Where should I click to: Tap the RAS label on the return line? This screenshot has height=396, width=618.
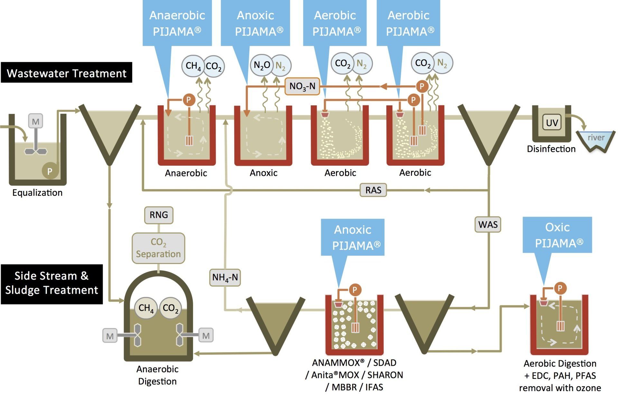[x=373, y=190]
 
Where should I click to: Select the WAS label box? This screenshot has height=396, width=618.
[x=488, y=224]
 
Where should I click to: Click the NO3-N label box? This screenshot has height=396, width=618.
[x=302, y=86]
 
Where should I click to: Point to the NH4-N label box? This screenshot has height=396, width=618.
[x=225, y=277]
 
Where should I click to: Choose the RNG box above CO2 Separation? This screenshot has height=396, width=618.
[x=159, y=215]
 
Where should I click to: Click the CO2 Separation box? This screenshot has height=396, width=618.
[x=158, y=248]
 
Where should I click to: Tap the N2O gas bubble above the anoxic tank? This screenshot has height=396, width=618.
[x=262, y=65]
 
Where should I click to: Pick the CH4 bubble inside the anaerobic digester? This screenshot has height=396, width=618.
[x=146, y=308]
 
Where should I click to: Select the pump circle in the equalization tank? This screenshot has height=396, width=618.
[x=50, y=171]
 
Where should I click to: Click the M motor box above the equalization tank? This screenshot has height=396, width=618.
[x=35, y=121]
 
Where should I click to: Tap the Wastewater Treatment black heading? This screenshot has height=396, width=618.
[x=66, y=73]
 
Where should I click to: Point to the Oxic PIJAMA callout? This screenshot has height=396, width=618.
[x=557, y=235]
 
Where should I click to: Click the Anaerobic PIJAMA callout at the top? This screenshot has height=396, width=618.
[x=177, y=23]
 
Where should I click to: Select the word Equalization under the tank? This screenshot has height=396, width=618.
[x=37, y=193]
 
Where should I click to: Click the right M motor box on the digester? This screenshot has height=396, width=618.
[x=206, y=336]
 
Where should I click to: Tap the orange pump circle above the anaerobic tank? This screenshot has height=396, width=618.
[x=189, y=100]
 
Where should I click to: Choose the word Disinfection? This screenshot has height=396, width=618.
[x=551, y=149]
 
